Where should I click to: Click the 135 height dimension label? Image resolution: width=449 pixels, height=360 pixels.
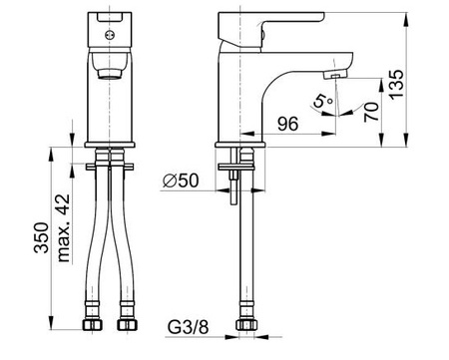[x=396, y=85]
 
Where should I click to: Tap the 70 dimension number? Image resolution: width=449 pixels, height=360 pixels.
[x=371, y=112]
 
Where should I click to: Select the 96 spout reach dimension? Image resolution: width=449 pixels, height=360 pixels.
[x=288, y=124]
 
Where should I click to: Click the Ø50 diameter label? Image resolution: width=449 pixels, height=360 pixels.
[x=181, y=180]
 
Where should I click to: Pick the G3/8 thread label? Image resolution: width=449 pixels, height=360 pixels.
[x=188, y=327]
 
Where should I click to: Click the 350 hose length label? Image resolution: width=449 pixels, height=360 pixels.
[x=41, y=237]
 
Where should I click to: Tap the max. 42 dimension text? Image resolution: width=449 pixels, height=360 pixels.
[x=64, y=228]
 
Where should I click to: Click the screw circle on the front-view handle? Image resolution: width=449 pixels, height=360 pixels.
[x=109, y=35]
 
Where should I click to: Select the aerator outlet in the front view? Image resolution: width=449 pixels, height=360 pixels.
[x=109, y=74]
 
